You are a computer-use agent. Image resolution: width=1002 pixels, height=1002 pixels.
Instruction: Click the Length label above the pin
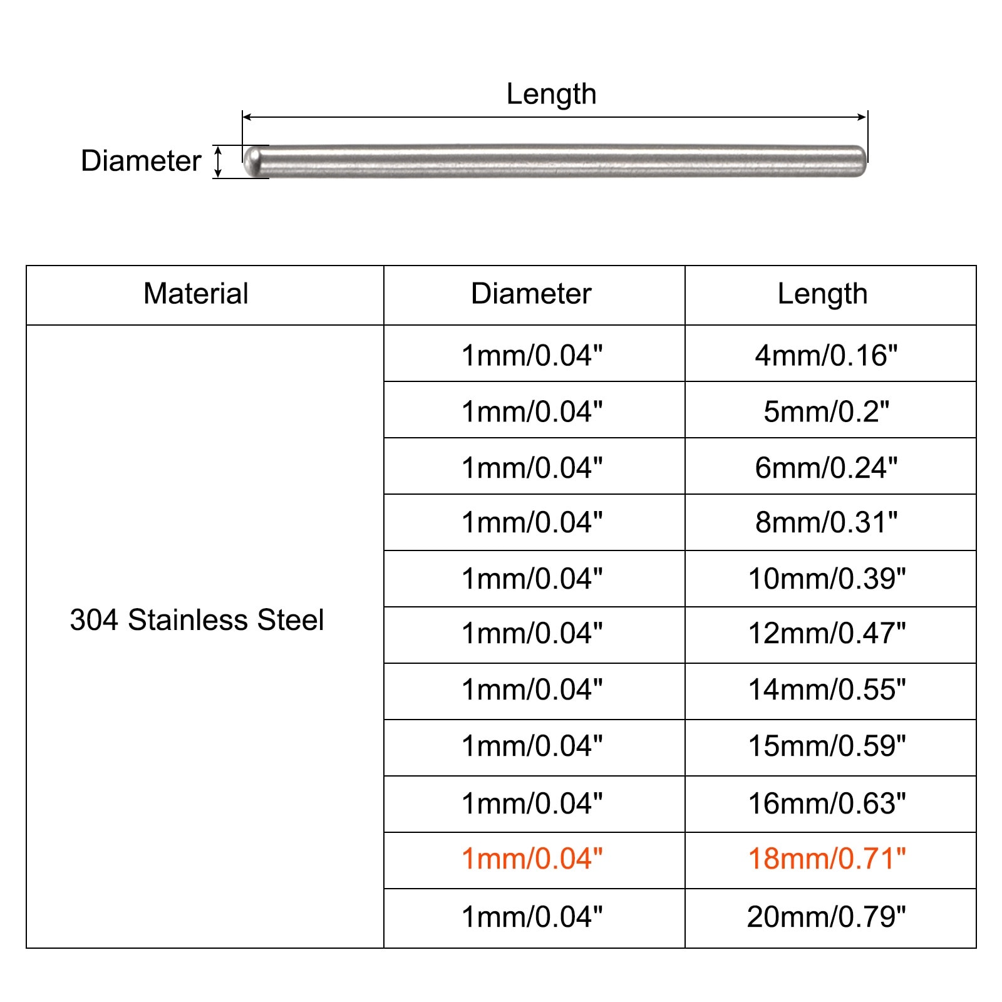tap(551, 95)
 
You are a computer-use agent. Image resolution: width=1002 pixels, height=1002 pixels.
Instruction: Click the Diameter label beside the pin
tap(141, 161)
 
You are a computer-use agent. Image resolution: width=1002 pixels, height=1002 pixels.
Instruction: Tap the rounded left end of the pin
tap(252, 161)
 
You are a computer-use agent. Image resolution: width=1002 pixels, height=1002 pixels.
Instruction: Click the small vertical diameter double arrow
tap(218, 161)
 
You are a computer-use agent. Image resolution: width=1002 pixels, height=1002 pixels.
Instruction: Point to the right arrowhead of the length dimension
tap(862, 117)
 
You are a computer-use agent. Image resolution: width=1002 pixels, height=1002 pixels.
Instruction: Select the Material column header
tap(196, 294)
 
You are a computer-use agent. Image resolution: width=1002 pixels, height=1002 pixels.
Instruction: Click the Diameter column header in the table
tap(531, 294)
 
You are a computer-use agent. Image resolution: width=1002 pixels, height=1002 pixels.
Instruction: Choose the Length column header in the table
tap(822, 294)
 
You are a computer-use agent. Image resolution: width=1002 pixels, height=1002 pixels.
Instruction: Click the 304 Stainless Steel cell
tap(197, 620)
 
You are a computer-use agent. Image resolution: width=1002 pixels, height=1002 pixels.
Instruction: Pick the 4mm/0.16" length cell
tap(826, 355)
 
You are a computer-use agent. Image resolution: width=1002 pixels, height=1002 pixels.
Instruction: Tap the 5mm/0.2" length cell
tap(826, 411)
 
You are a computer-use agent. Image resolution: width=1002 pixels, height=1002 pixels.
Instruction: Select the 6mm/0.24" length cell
tap(826, 468)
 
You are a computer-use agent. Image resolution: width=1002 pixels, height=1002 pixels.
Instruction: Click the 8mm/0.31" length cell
tap(826, 522)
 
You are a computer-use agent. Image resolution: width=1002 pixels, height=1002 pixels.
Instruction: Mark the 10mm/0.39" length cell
tap(827, 579)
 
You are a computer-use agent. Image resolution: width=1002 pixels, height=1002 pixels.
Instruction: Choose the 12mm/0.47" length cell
tap(827, 633)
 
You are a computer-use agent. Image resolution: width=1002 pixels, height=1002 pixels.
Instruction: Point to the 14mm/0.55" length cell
tap(827, 690)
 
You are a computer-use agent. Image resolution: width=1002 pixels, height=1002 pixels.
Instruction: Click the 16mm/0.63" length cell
tap(827, 803)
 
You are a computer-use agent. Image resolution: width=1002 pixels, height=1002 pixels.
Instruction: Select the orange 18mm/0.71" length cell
tap(827, 859)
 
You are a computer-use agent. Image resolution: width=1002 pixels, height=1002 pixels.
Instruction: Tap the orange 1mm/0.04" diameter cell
tap(532, 859)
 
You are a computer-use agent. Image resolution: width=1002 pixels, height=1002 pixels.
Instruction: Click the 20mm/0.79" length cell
tap(826, 917)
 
